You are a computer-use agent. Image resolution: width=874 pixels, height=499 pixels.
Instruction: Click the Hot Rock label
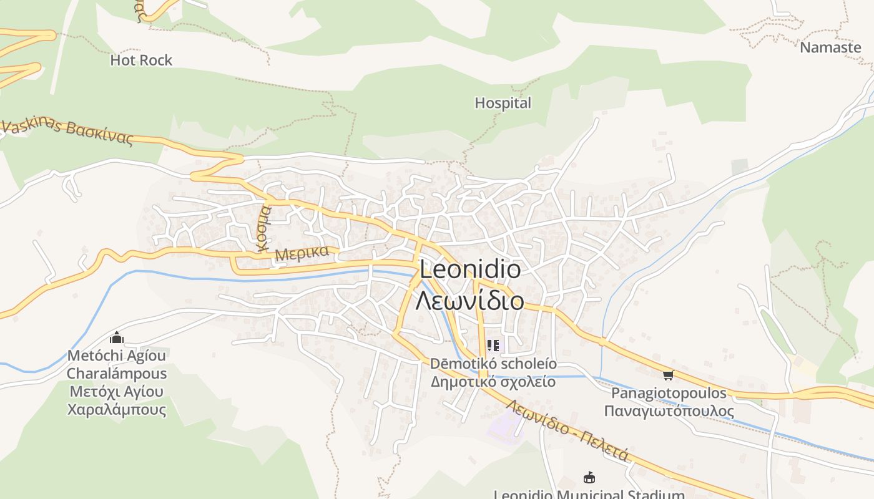point(141,60)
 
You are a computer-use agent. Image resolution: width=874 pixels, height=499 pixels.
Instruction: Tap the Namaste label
point(830,47)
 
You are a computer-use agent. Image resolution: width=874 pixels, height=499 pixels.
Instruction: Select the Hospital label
point(503,103)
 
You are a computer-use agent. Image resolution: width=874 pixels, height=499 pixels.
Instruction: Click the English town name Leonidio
point(470,270)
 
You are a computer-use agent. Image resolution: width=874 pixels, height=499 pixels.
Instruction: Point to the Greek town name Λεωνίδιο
point(470,301)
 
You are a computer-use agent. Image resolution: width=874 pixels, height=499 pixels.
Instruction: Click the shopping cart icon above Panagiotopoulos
point(669,375)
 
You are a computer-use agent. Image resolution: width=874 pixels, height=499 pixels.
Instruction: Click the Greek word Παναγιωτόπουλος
point(669,411)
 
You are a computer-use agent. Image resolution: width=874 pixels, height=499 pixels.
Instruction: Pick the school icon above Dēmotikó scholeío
point(493,345)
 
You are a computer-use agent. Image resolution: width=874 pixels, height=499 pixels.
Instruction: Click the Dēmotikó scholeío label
point(493,364)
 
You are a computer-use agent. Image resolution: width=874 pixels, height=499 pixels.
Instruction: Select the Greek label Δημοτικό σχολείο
point(493,381)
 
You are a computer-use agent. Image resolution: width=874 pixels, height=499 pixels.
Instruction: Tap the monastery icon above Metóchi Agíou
point(117,338)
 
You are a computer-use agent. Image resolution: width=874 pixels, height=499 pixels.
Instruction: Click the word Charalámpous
point(117,374)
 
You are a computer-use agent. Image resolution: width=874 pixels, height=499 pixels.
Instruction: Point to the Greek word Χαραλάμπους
point(117,410)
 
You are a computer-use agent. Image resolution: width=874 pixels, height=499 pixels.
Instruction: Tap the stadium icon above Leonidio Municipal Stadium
point(588,478)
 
